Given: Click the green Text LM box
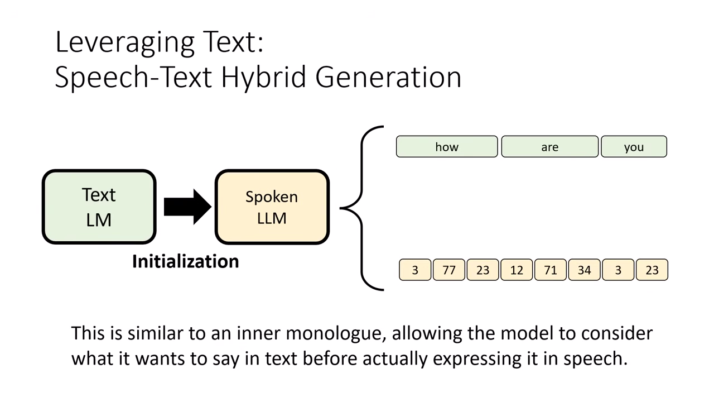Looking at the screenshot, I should (x=99, y=207).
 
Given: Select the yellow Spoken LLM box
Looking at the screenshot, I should (x=272, y=207).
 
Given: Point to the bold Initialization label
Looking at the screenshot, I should (x=185, y=261).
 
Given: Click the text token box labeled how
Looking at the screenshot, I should (x=447, y=147).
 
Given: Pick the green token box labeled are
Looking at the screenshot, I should (x=549, y=147).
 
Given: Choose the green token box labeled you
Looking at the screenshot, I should (x=634, y=147).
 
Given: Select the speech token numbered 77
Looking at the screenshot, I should (x=449, y=270).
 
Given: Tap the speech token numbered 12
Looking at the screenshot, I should (x=517, y=270).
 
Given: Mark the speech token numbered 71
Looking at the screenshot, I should (x=551, y=270).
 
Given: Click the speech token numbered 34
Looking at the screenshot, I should (x=584, y=270).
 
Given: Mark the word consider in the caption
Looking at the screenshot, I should (x=616, y=333).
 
